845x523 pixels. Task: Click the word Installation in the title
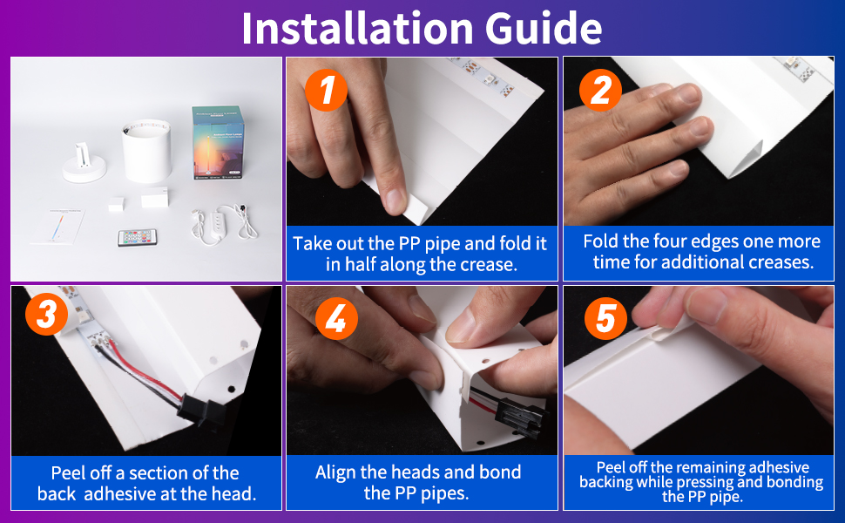point(358,28)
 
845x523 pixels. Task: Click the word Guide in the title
point(544,28)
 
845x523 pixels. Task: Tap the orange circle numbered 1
point(326,90)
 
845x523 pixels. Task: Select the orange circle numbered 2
point(601,90)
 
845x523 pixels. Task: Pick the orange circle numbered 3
point(47,314)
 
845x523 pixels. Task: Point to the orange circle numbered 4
point(337,318)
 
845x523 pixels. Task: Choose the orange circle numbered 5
point(606,318)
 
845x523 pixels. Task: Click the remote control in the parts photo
point(138,237)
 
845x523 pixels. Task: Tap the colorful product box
point(217,142)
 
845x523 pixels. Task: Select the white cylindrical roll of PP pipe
point(146,151)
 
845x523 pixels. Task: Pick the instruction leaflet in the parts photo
point(58,227)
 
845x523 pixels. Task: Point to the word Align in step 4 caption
point(335,472)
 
